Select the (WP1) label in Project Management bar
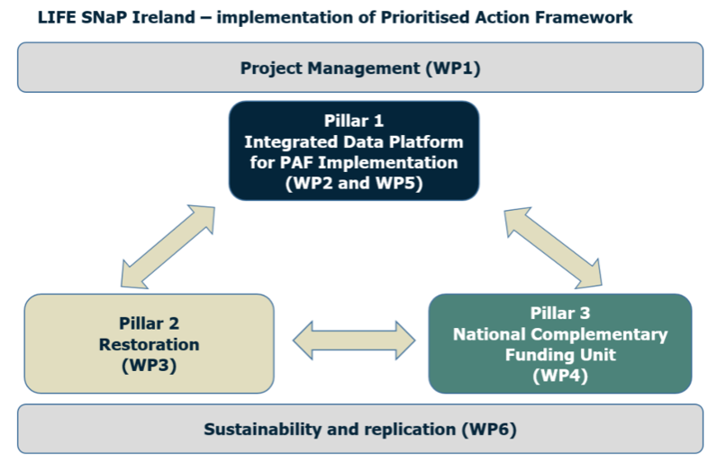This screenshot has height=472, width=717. pyautogui.click(x=453, y=68)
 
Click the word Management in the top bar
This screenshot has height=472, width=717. pyautogui.click(x=364, y=68)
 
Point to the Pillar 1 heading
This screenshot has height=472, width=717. pyautogui.click(x=354, y=121)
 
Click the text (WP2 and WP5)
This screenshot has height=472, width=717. pyautogui.click(x=354, y=183)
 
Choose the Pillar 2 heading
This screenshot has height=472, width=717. pyautogui.click(x=149, y=323)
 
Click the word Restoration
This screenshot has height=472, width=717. pyautogui.click(x=149, y=344)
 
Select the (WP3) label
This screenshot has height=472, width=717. pyautogui.click(x=149, y=366)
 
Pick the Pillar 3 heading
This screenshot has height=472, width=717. pyautogui.click(x=560, y=313)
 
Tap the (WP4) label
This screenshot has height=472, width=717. pyautogui.click(x=560, y=376)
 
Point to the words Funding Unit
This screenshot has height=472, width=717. pyautogui.click(x=560, y=355)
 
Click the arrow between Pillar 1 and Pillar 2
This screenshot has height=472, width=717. pyautogui.click(x=168, y=247)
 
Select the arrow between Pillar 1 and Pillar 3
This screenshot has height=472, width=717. pyautogui.click(x=553, y=248)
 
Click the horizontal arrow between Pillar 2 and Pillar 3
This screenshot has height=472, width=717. pyautogui.click(x=354, y=340)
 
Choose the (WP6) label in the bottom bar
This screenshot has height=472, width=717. pyautogui.click(x=489, y=430)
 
